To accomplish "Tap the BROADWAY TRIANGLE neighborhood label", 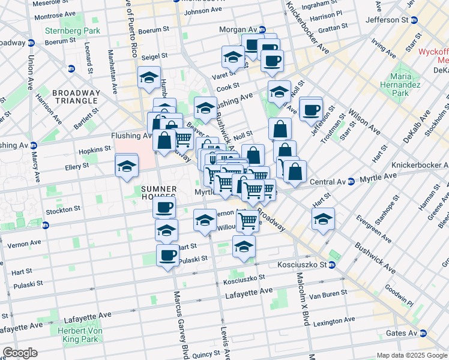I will click(x=76, y=97).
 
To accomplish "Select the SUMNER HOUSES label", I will click(x=158, y=193).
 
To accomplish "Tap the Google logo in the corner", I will click(x=20, y=353).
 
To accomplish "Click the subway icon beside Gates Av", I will click(x=424, y=333).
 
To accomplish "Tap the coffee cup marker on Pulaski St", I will click(x=167, y=255).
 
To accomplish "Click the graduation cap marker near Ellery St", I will click(x=127, y=166).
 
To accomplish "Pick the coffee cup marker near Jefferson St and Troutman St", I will click(x=311, y=109).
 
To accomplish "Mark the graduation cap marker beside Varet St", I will click(x=233, y=58).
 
